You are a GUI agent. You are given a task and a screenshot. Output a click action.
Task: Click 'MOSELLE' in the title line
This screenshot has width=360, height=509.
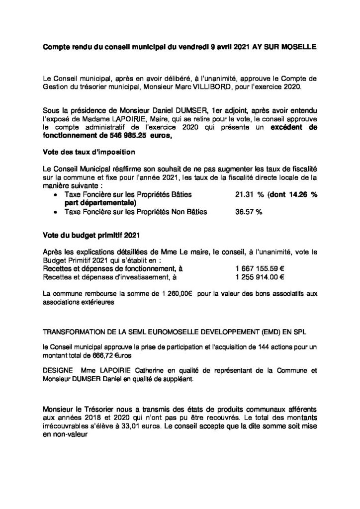coord(296,47)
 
